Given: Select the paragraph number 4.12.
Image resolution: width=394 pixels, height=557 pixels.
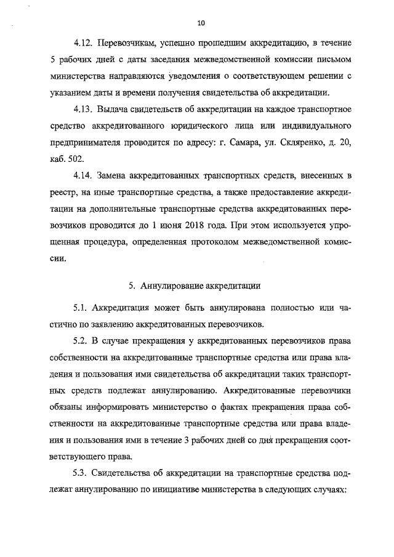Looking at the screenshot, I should (83, 45).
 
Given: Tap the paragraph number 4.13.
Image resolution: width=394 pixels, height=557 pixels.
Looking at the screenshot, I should (83, 110).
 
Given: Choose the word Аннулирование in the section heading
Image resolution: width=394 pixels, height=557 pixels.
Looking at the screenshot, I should (169, 285).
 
